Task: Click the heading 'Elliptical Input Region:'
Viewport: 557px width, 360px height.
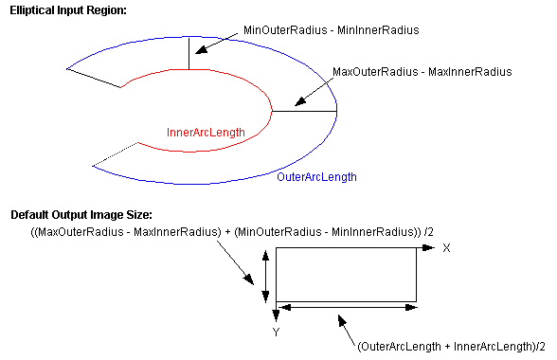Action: [x=67, y=9]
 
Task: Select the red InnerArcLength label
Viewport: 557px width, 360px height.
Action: [x=206, y=132]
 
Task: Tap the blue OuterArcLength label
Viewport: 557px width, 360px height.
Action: [x=316, y=177]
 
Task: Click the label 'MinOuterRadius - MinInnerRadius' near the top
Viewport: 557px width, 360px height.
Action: [x=331, y=30]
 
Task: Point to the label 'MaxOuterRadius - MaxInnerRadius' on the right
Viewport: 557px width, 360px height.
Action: [x=422, y=71]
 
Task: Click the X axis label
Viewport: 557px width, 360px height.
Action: [x=446, y=247]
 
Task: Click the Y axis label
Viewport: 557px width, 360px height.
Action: [x=276, y=333]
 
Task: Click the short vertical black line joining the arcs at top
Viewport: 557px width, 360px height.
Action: [x=189, y=54]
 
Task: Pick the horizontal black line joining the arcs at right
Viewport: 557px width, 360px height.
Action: [x=304, y=111]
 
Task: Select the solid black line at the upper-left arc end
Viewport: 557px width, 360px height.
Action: [x=94, y=77]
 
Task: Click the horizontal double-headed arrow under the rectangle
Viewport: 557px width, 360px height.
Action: [x=346, y=307]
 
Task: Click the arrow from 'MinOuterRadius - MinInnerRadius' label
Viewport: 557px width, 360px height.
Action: [x=218, y=42]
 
